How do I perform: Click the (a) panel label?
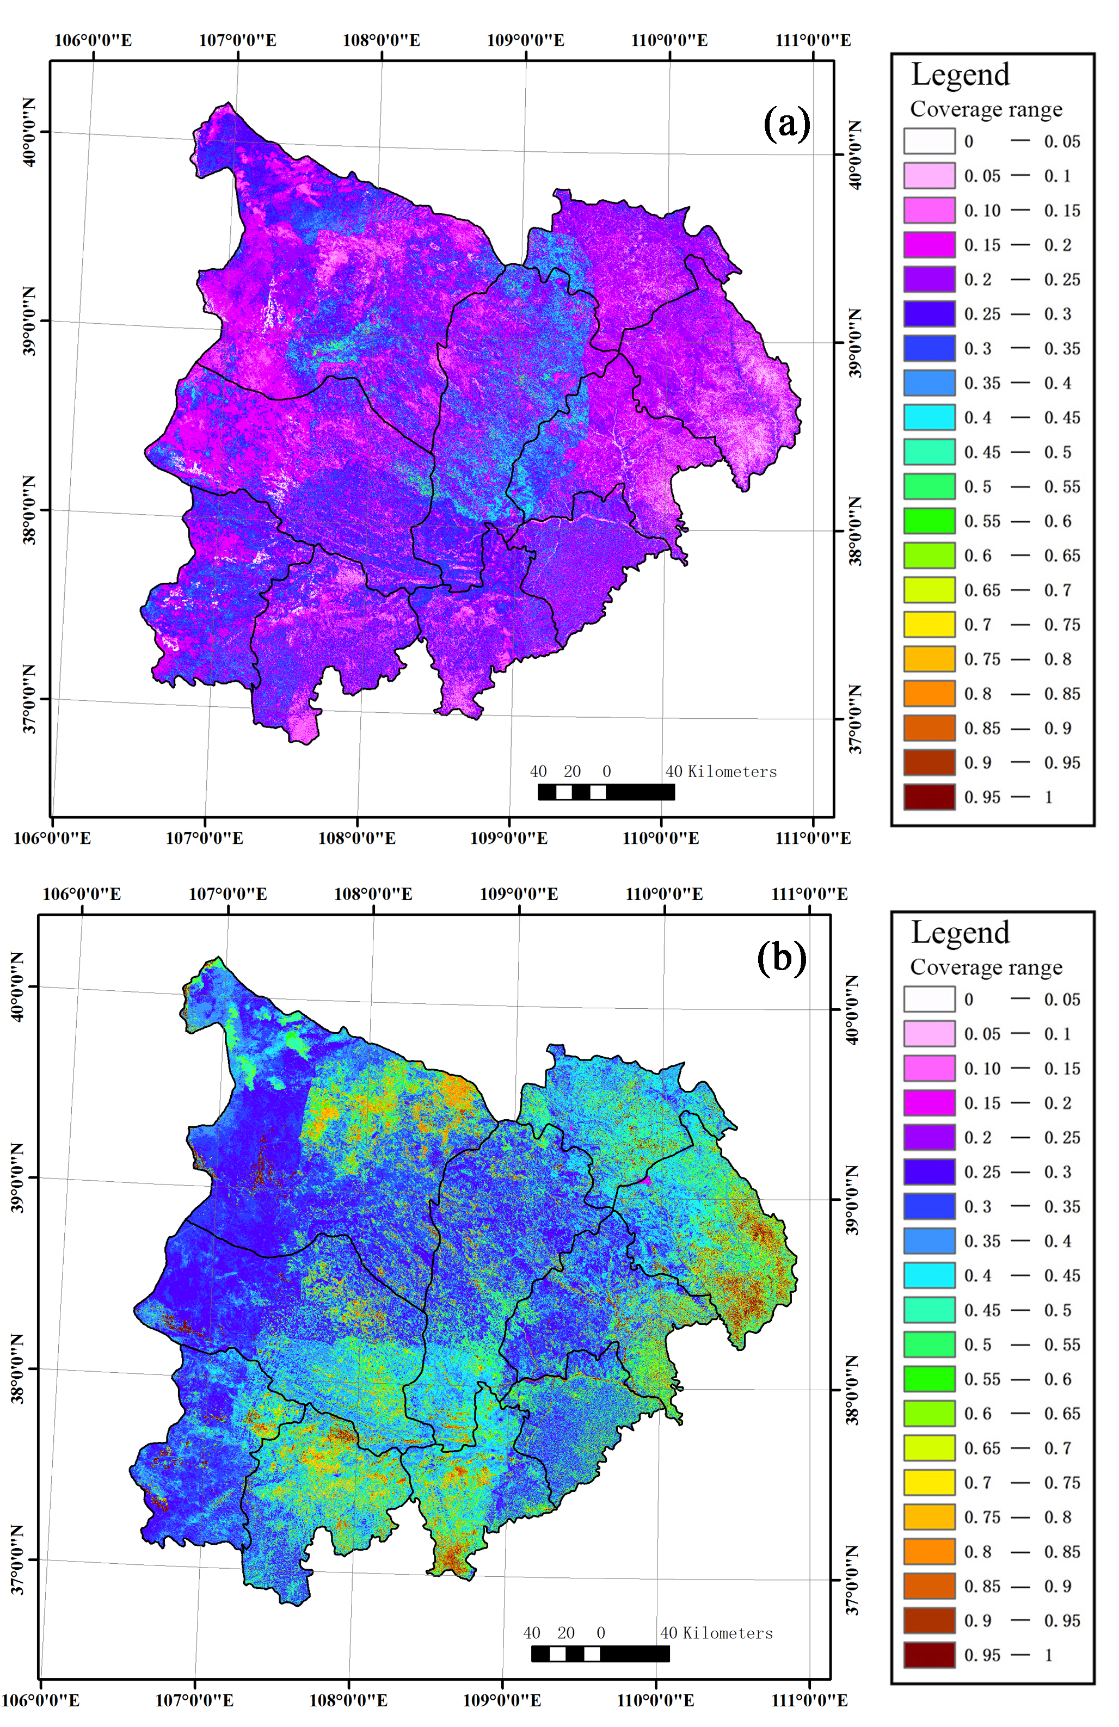click(786, 124)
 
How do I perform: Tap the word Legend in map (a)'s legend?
click(960, 75)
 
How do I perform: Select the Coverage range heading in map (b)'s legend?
click(986, 967)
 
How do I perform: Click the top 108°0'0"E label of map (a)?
click(381, 40)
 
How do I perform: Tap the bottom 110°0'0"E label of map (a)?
click(660, 838)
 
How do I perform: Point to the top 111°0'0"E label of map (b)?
click(809, 894)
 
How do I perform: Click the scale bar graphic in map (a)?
click(606, 792)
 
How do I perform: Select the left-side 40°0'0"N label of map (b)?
click(17, 987)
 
